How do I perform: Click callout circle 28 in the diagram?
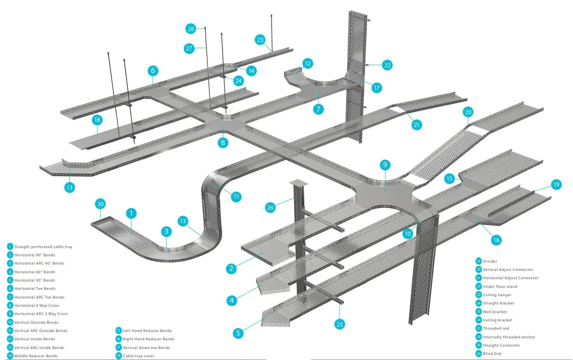tap(191, 29)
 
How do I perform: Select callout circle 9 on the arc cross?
tap(385, 165)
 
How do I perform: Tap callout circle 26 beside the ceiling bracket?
tap(270, 207)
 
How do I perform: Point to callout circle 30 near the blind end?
tap(100, 204)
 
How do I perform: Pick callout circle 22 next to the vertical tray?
tap(387, 65)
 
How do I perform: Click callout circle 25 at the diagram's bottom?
tap(340, 324)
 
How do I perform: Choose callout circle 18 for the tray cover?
tap(97, 120)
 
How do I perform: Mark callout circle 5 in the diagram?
tap(238, 333)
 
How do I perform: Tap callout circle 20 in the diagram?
tap(468, 112)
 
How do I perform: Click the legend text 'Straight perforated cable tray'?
tap(43, 247)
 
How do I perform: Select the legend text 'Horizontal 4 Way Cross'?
tap(36, 306)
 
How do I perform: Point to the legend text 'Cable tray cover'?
tap(139, 356)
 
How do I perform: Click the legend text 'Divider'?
tap(490, 261)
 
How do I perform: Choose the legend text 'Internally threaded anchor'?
tap(509, 337)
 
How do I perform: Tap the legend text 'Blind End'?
tap(492, 354)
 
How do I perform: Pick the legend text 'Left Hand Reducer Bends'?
tap(147, 331)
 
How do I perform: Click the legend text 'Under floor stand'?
tap(500, 287)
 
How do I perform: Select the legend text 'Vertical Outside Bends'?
tap(36, 323)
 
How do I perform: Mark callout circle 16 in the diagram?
tap(496, 240)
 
